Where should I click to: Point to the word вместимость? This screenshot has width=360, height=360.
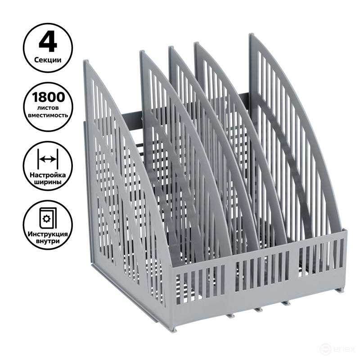(x=47, y=115)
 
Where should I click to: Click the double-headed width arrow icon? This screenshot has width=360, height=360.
(x=47, y=159)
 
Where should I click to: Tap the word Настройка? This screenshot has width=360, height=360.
(x=47, y=174)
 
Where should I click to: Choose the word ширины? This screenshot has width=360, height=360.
(x=47, y=183)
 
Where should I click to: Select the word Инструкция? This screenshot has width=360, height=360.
(x=47, y=234)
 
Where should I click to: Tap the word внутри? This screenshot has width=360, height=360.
(x=47, y=243)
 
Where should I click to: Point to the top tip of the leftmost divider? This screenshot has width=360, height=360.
(x=86, y=62)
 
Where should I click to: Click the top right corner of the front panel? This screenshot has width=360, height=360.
(x=347, y=231)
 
